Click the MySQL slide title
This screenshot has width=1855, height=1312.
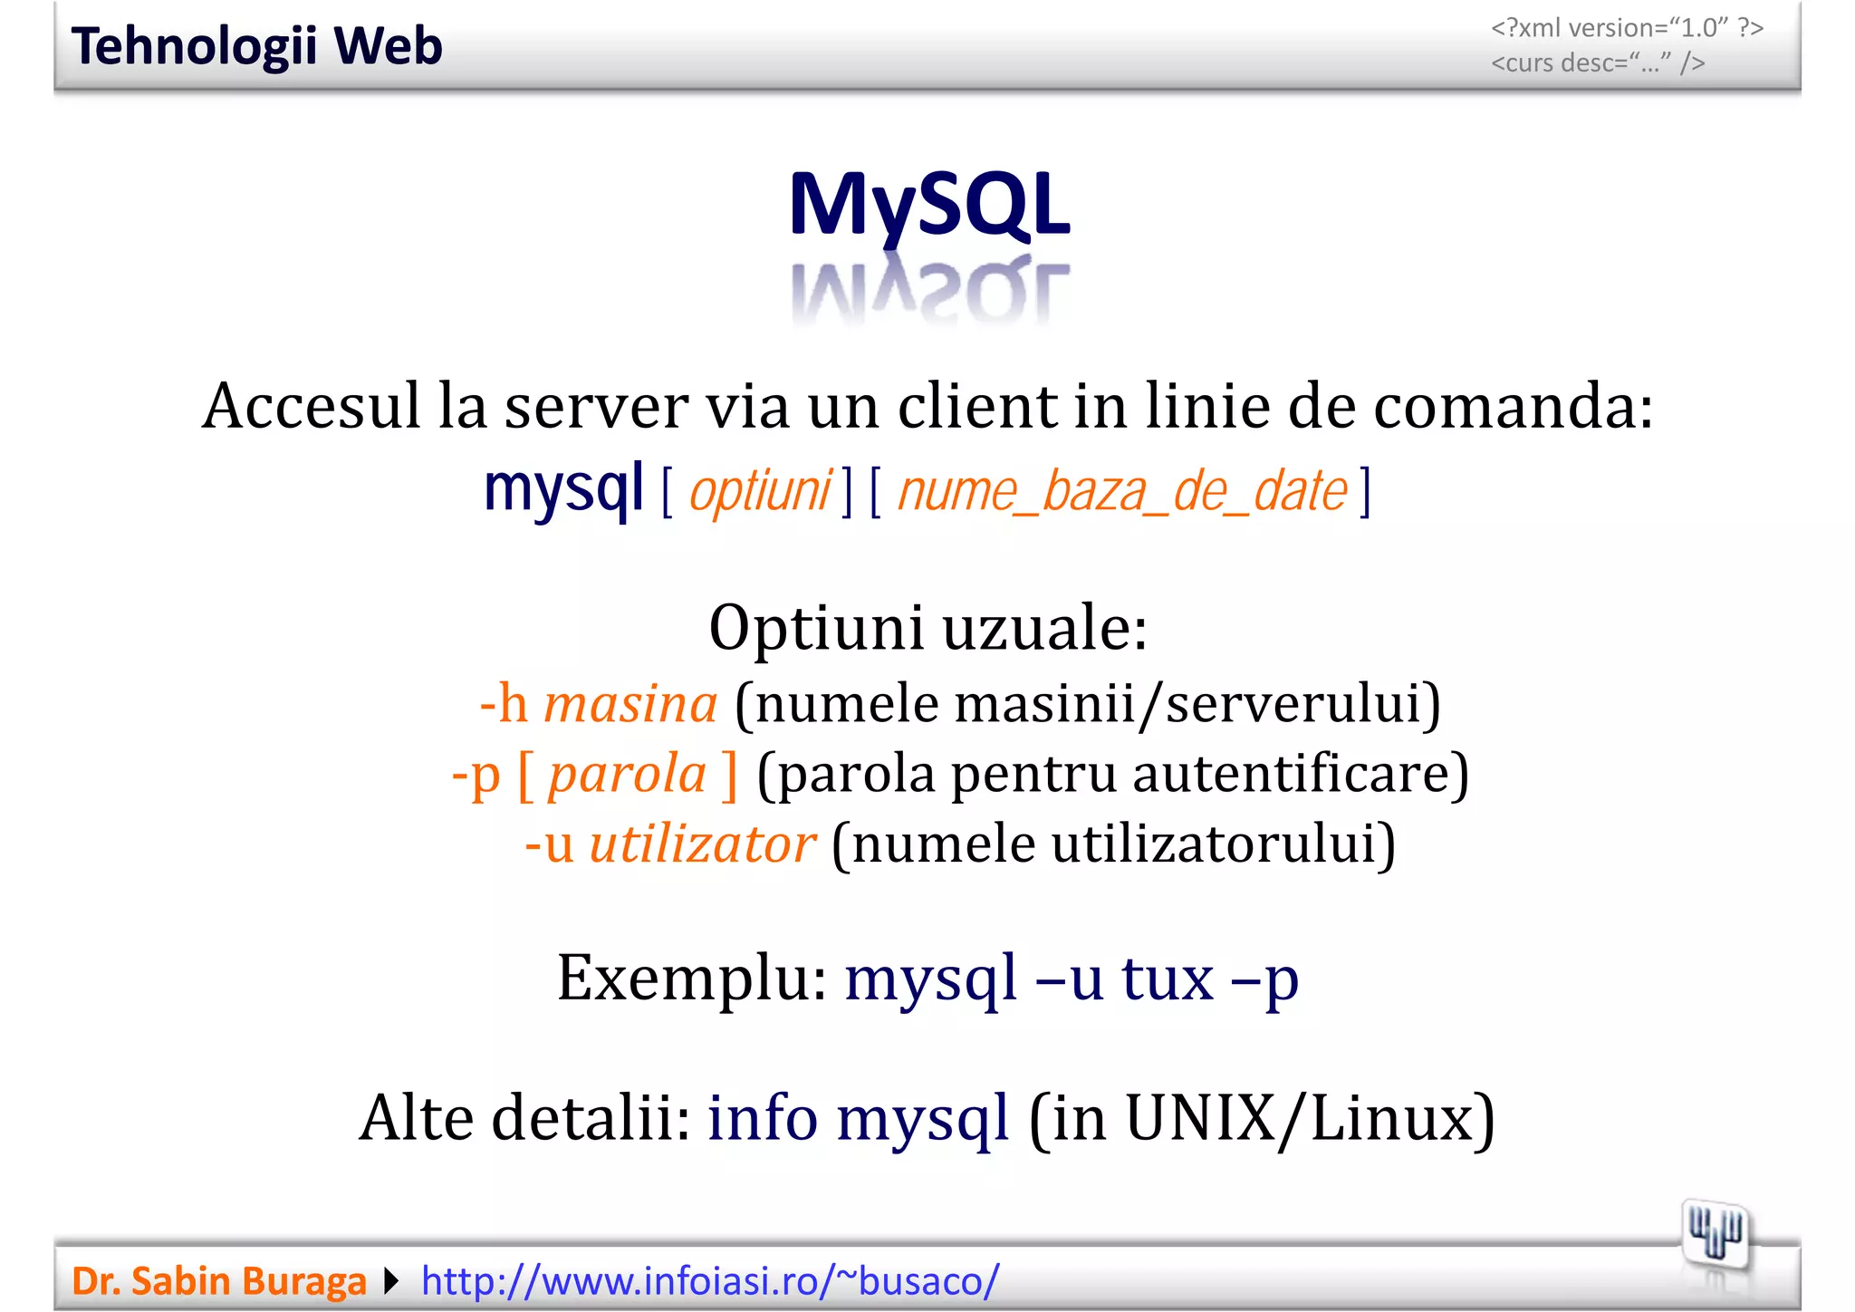point(929,205)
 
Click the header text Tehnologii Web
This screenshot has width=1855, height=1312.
point(257,46)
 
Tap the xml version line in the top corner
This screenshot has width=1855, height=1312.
point(1627,28)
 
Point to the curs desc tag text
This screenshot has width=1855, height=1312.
point(1598,63)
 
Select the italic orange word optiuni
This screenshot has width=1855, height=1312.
point(760,492)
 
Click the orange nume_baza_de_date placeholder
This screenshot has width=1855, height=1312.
point(1122,492)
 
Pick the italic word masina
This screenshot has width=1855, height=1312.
point(630,704)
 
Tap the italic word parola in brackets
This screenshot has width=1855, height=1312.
point(627,775)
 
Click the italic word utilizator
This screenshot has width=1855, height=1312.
point(702,844)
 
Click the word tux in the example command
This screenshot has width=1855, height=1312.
point(1168,979)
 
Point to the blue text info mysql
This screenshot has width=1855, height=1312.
point(858,1118)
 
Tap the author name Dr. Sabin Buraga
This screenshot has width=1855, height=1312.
point(219,1281)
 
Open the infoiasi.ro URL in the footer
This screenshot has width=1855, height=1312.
point(710,1281)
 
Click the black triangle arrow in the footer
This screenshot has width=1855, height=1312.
point(391,1281)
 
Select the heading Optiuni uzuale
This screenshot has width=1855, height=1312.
point(927,627)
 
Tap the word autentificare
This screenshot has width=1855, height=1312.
point(1300,775)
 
